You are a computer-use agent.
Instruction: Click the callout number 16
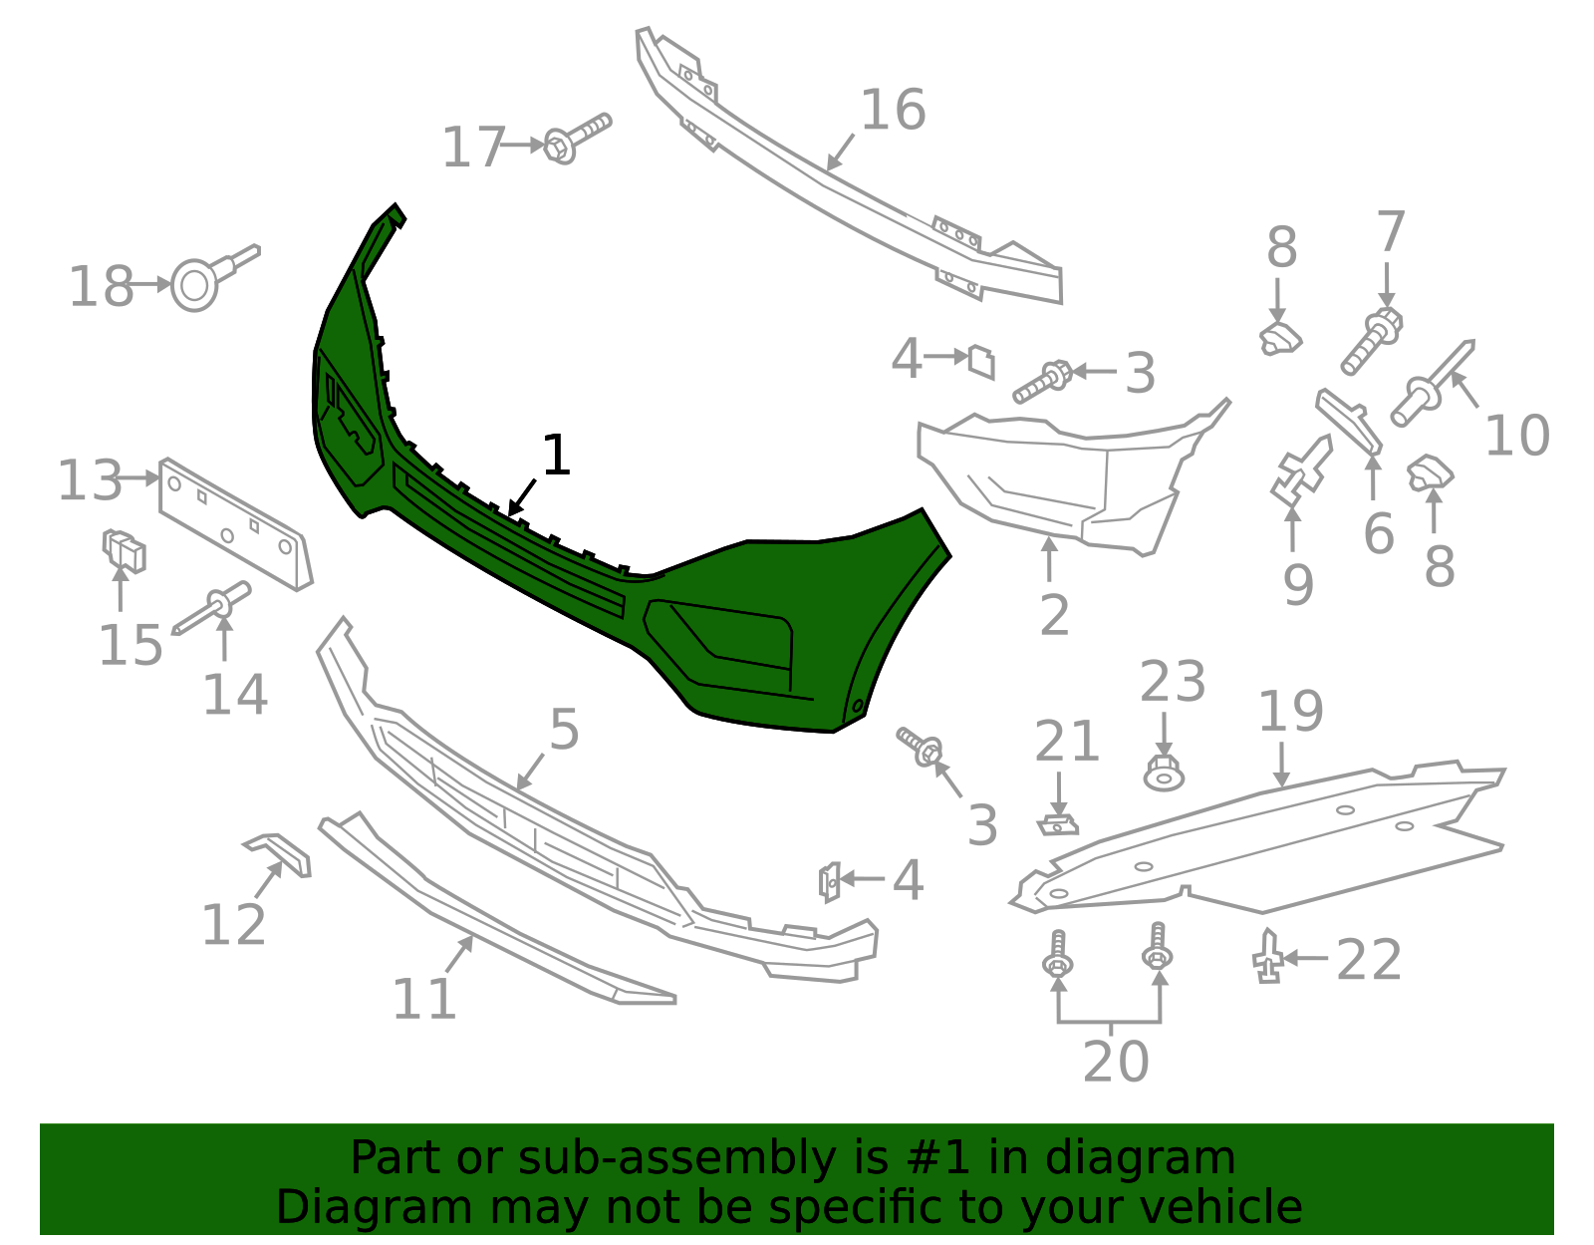[893, 110]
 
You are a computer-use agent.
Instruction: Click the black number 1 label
[556, 455]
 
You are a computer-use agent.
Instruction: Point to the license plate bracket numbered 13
[235, 524]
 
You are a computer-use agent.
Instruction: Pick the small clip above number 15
[124, 550]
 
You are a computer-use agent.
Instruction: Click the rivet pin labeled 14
[211, 608]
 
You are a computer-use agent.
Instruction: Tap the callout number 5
[564, 730]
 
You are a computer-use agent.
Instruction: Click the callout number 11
[424, 999]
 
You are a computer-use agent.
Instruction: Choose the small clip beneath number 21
[1058, 825]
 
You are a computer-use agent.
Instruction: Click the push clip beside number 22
[1268, 957]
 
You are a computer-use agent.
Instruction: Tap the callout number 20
[1115, 1062]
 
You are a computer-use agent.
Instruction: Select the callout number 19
[1290, 711]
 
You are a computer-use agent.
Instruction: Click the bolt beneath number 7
[1371, 341]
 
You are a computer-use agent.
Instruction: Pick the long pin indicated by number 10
[1432, 383]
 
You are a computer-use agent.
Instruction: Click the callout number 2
[1054, 615]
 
